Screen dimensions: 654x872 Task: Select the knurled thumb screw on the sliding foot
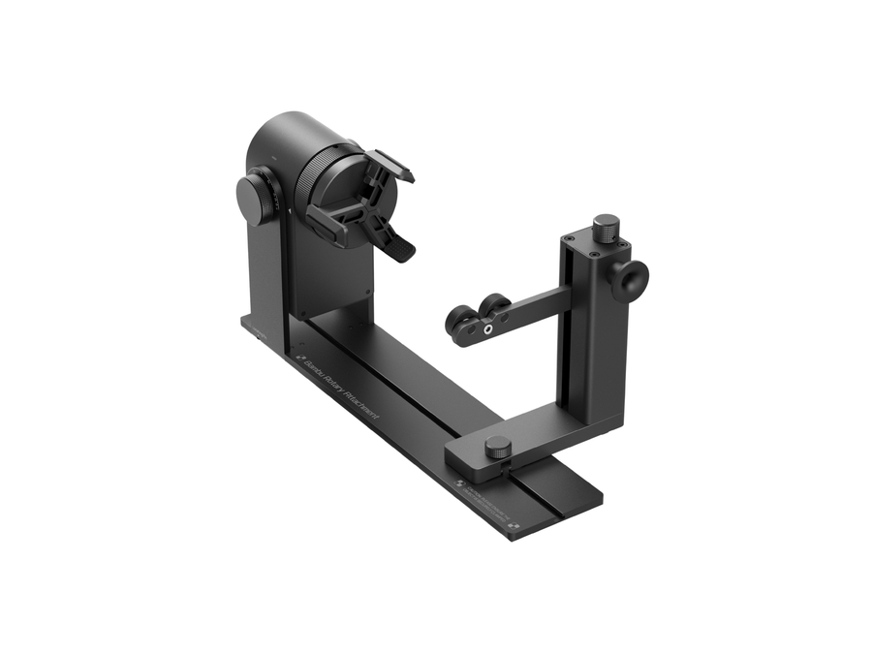coord(498,447)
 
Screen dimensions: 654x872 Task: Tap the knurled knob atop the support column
coord(606,228)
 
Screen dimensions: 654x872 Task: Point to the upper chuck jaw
coord(390,166)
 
